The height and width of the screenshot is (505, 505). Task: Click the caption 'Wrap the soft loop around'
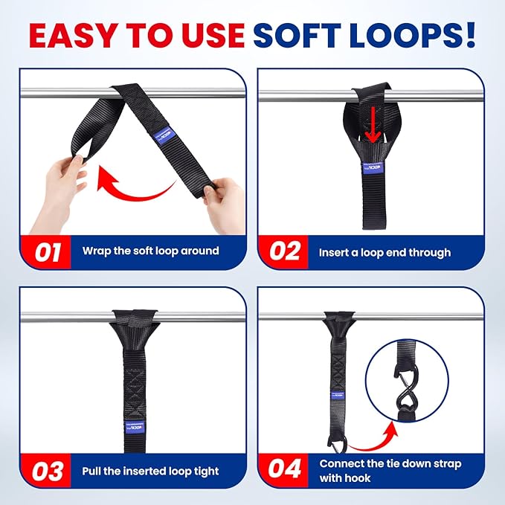[x=150, y=251]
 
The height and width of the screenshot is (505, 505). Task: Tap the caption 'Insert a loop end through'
[x=385, y=252]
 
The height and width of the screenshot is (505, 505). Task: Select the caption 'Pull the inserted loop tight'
[x=150, y=472]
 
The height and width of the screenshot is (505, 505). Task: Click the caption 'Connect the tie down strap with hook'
[x=390, y=471]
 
